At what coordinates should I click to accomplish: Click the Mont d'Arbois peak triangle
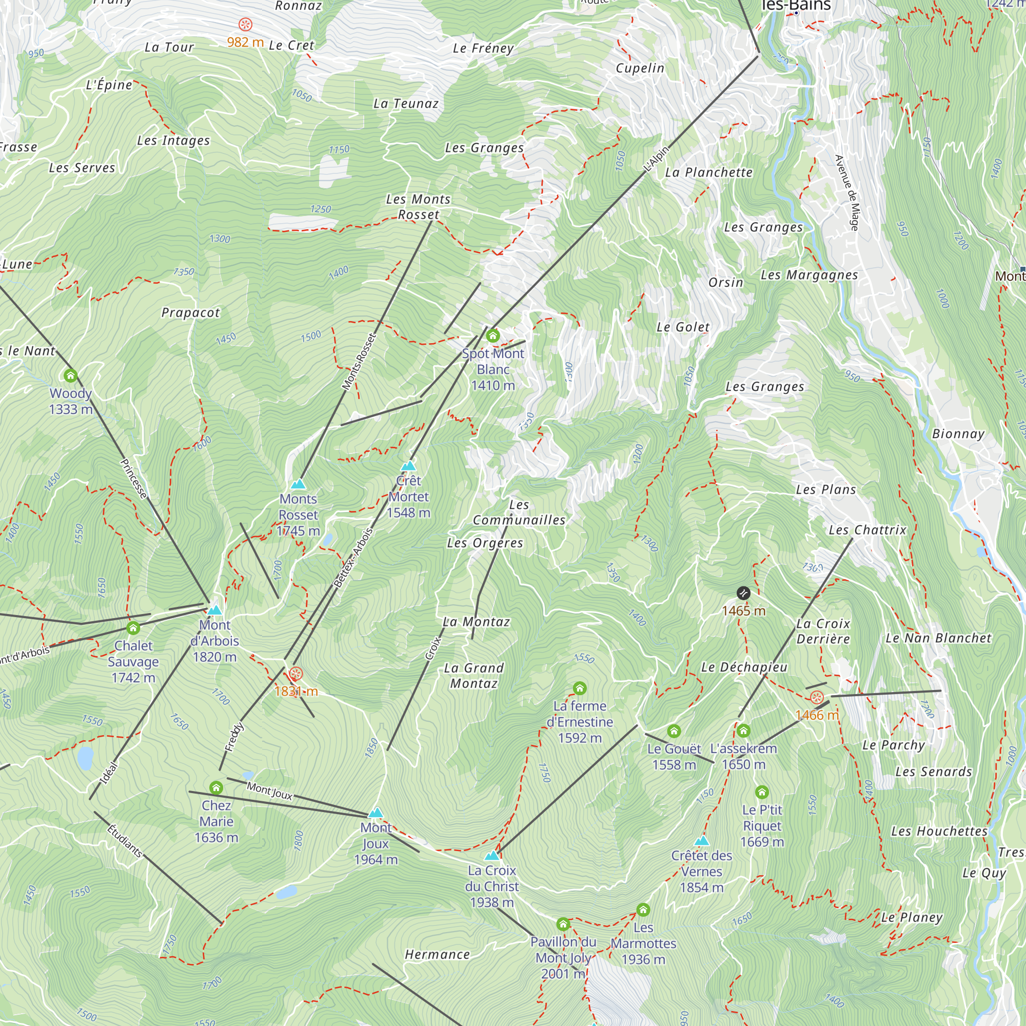click(214, 609)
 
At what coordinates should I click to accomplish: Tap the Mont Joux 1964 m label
click(376, 843)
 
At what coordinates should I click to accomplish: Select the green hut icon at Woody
click(71, 376)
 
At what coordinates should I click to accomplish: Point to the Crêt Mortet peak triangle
click(408, 466)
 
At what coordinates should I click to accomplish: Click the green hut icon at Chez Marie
click(216, 787)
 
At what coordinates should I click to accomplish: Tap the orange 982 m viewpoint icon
click(245, 25)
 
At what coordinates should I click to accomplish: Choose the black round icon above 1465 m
click(743, 593)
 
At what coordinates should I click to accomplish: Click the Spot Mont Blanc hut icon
click(493, 336)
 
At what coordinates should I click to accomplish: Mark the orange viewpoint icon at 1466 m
click(817, 697)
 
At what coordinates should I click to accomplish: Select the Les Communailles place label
click(519, 512)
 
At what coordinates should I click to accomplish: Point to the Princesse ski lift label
click(133, 479)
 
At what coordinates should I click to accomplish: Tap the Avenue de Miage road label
click(847, 193)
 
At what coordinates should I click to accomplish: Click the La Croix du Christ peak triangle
click(492, 856)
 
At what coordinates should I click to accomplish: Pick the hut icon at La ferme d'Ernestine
click(580, 688)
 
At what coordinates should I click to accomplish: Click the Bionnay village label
click(959, 434)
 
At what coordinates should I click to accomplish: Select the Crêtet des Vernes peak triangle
click(701, 841)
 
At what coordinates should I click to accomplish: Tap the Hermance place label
click(437, 954)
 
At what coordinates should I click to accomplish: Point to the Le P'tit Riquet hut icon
click(762, 793)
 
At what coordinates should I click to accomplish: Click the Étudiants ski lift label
click(125, 841)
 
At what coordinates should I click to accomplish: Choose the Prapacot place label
click(190, 313)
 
